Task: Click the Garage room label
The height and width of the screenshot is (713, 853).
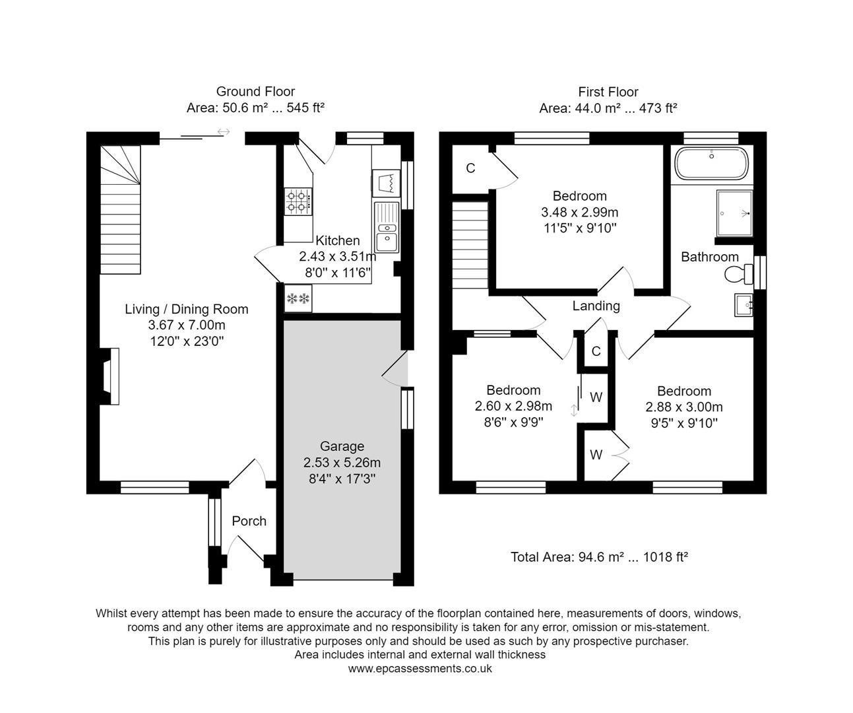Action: (342, 446)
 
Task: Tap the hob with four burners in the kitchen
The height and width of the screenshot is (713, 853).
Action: (298, 201)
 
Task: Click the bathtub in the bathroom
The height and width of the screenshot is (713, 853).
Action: (711, 163)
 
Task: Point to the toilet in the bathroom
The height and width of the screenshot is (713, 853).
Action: (738, 273)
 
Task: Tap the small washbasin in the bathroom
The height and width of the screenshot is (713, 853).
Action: (743, 305)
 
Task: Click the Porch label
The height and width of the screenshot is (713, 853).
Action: (249, 521)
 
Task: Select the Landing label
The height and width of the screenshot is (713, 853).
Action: (596, 306)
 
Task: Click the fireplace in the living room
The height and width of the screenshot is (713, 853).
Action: (110, 376)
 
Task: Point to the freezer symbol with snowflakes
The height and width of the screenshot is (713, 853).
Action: (298, 299)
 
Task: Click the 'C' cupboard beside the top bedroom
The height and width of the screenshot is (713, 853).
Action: (470, 168)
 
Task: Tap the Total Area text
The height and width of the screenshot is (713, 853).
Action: (599, 557)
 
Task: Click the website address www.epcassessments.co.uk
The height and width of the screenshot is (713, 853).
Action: (420, 668)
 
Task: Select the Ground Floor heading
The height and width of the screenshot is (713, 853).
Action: (255, 92)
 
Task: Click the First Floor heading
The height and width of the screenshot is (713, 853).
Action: (608, 92)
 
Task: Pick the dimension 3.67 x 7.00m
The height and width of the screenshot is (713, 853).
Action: (187, 325)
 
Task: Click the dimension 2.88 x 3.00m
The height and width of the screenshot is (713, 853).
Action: (684, 407)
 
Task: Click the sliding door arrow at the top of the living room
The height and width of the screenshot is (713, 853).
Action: (224, 132)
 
